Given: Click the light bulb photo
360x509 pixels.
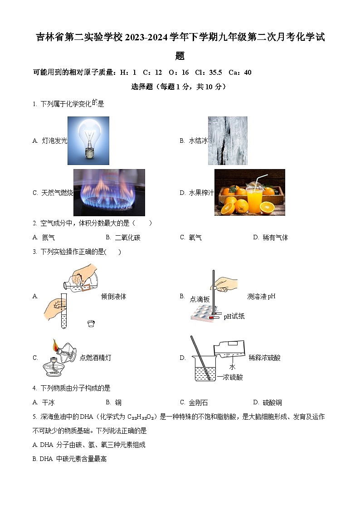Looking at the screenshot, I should click(88, 141).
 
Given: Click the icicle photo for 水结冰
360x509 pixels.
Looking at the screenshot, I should click(228, 141).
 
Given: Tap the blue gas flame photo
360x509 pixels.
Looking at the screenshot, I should click(109, 193).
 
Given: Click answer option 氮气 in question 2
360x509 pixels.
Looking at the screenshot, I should click(48, 238).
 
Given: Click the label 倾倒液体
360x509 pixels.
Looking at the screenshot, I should click(113, 296).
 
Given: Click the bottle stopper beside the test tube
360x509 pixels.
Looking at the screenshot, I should click(91, 324).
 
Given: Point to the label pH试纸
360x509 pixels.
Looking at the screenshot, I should click(234, 316).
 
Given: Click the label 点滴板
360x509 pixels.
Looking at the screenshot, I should click(199, 299).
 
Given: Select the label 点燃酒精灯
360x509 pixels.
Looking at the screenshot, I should click(95, 358).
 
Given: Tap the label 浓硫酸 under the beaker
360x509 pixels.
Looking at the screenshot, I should click(232, 377).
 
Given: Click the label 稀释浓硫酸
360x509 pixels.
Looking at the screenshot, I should click(264, 358).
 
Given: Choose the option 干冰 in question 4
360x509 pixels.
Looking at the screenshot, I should click(48, 402).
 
